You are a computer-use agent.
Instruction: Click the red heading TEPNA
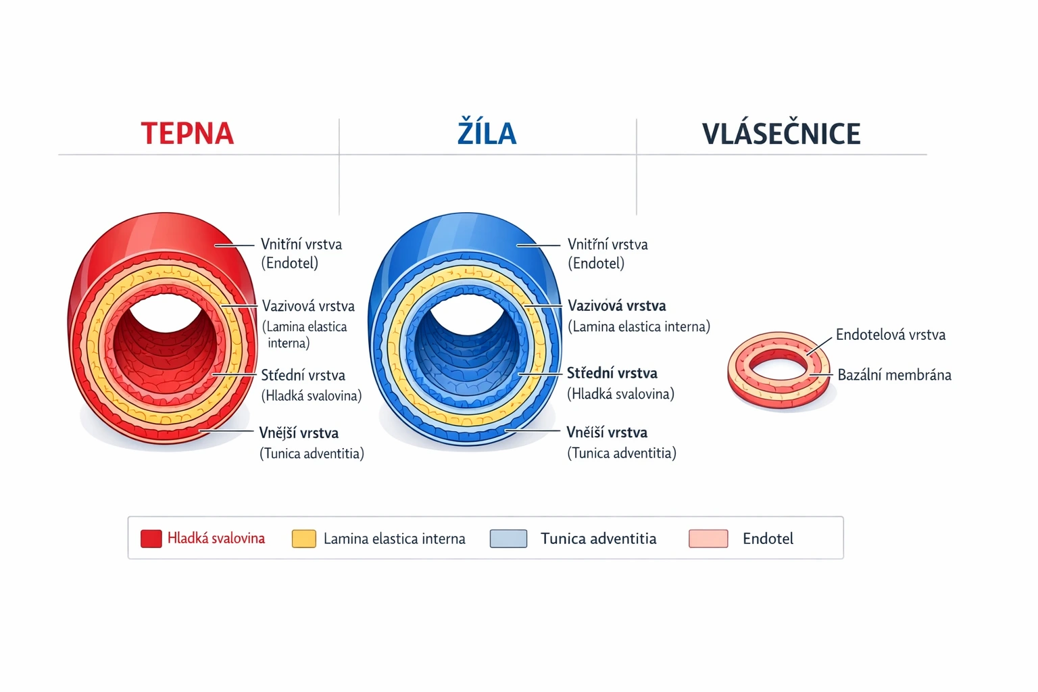point(187,133)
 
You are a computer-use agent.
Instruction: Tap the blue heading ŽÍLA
point(487,133)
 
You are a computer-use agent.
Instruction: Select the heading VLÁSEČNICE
point(781,133)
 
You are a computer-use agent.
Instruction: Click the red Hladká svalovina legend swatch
point(151,539)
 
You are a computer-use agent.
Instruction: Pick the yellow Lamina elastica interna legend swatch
point(303,539)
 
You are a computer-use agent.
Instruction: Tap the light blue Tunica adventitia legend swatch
point(508,539)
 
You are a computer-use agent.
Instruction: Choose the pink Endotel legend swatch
point(708,539)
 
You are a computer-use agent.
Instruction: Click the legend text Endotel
point(768,539)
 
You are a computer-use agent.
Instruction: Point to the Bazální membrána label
point(894,375)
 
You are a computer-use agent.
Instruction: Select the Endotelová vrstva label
point(890,335)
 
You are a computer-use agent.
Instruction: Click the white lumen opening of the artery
point(166,314)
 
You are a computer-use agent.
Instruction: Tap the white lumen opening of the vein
point(468,316)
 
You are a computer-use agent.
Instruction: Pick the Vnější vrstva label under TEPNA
point(299,433)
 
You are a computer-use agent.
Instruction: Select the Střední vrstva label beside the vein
point(612,373)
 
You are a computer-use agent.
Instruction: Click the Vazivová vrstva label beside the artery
point(308,306)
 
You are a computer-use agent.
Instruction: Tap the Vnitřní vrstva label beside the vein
point(608,244)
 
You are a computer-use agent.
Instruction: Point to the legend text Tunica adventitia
point(598,539)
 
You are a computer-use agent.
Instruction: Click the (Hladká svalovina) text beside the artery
point(312,395)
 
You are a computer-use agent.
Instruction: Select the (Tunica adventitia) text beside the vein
point(622,453)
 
